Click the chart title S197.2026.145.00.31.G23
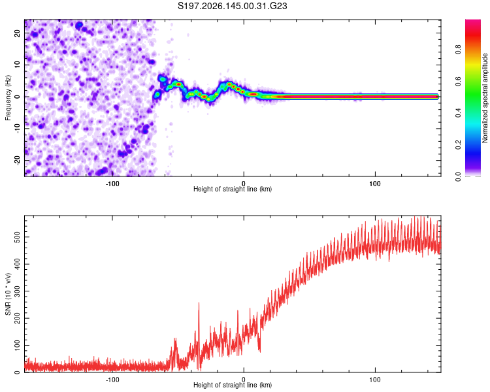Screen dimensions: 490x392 232,6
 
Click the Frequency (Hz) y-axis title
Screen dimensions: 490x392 8,98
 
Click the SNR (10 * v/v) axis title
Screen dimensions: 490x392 8,294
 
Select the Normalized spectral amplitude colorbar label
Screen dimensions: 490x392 485,98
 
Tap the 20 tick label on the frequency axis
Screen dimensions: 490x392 17,33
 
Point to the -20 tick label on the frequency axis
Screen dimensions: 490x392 17,160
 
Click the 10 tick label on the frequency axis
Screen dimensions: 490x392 17,65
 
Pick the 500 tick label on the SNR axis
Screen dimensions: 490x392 17,237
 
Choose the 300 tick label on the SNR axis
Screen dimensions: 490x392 17,291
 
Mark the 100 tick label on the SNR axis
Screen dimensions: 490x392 17,346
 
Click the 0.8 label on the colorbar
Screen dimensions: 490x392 458,50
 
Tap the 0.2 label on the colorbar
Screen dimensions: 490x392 458,145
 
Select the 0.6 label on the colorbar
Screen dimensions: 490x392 458,81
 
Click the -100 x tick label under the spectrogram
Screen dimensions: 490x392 112,184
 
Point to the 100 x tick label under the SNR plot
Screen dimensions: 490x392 375,380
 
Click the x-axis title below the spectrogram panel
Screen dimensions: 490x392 233,189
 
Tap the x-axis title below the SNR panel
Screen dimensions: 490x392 233,385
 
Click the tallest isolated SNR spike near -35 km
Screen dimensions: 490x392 199,303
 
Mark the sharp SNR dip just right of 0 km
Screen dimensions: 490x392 259,351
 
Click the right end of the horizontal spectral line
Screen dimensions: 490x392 438,97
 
